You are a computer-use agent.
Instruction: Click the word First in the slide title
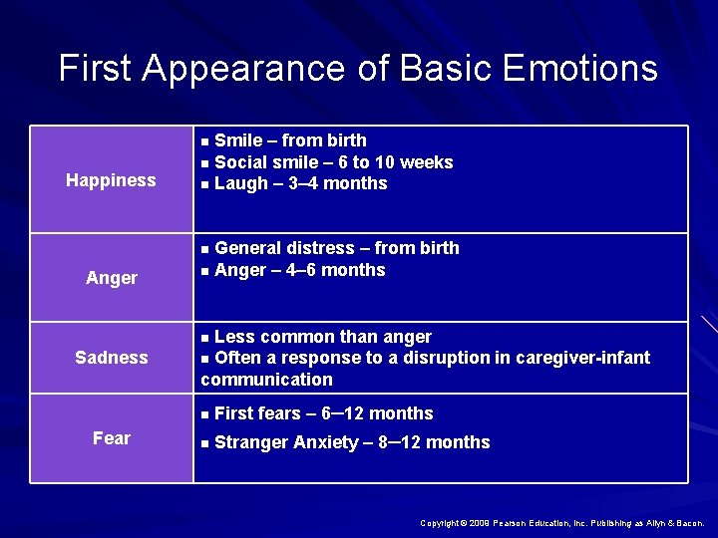96,69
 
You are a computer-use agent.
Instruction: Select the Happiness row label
111,180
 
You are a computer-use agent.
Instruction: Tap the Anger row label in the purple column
112,278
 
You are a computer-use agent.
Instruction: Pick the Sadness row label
112,358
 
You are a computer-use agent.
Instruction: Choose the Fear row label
112,438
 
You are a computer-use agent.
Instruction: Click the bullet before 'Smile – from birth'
204,141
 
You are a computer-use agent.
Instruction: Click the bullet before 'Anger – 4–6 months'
204,271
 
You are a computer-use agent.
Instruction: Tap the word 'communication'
267,380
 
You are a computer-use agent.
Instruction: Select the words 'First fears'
254,413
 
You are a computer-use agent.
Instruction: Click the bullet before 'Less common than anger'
204,338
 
